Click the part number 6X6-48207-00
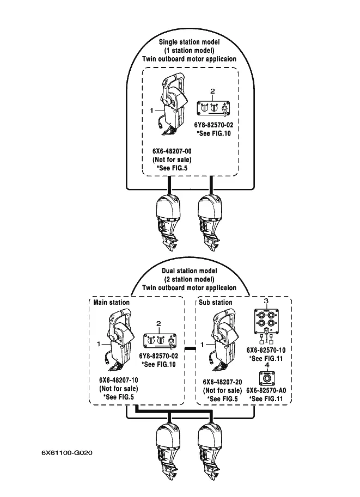(172, 151)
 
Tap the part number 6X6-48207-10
(119, 380)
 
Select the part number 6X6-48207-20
(222, 382)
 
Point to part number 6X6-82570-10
(266, 350)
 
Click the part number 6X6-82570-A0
(266, 390)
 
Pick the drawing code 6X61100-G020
(67, 453)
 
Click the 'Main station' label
(111, 302)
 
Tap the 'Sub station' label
(215, 302)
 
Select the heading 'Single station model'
(189, 42)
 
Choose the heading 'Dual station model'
(190, 271)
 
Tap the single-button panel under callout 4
(267, 378)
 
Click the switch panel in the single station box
(213, 109)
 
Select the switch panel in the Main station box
(160, 341)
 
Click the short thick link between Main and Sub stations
(190, 348)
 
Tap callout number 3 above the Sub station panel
(266, 301)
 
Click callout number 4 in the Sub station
(267, 365)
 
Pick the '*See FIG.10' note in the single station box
(214, 133)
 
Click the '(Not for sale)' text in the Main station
(119, 389)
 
